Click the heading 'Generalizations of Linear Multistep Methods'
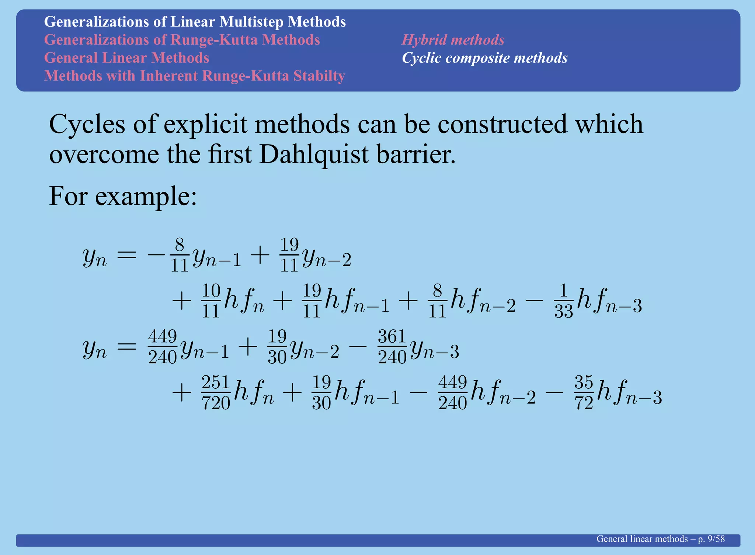tap(195, 22)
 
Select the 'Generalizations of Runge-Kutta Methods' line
tap(182, 40)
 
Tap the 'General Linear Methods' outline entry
tap(126, 58)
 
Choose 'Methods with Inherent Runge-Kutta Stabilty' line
tap(194, 76)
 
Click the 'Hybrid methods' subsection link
tap(453, 40)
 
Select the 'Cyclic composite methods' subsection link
tap(484, 58)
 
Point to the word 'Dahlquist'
tap(313, 154)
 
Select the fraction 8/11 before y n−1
tap(180, 255)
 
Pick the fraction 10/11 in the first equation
tap(211, 301)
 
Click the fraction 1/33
tap(563, 301)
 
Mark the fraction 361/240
tap(392, 347)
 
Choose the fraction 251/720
tap(216, 393)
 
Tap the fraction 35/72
tap(584, 393)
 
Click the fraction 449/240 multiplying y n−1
tap(163, 347)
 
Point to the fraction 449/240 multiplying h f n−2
tap(453, 393)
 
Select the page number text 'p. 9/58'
tap(711, 539)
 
